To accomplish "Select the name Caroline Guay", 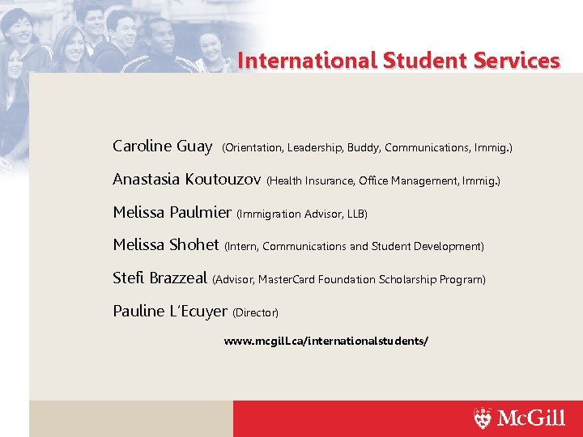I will click(162, 146).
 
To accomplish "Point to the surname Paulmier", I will click(201, 213).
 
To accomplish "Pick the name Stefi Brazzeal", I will click(160, 278).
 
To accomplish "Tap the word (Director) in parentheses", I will click(256, 312).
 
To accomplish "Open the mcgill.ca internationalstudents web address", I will click(326, 342).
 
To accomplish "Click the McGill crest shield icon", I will click(483, 418).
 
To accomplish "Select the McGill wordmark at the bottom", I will click(530, 418).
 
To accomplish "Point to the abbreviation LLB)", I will click(357, 214).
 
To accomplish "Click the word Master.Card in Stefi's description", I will click(287, 280).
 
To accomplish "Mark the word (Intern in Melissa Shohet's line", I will click(241, 246).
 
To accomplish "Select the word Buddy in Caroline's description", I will click(364, 148).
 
